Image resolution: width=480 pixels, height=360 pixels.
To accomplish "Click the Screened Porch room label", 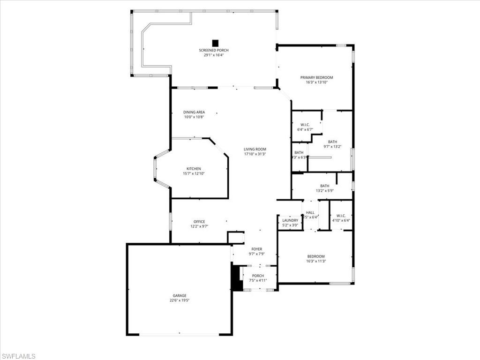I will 214,50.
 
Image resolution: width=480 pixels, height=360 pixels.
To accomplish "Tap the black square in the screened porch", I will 215,43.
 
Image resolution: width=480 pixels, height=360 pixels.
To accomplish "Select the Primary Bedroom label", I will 316,77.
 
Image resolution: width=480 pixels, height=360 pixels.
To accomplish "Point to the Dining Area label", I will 194,112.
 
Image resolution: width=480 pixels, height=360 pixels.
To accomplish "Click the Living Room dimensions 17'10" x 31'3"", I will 255,154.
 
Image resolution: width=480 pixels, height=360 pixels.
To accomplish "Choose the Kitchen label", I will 194,169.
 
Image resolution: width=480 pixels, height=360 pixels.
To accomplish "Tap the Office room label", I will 199,222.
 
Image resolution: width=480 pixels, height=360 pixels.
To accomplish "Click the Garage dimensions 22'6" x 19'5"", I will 180,300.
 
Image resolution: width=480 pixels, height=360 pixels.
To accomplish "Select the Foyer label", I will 256,249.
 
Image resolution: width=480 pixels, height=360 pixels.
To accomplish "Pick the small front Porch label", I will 258,276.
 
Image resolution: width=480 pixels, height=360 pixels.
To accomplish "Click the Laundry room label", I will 290,220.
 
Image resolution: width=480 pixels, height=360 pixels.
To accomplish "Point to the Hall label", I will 310,212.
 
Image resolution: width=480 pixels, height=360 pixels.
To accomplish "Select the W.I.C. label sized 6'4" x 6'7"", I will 305,125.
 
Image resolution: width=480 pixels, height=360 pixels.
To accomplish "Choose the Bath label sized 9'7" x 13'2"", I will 332,142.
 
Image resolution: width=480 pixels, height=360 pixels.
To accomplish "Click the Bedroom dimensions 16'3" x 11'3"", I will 316,261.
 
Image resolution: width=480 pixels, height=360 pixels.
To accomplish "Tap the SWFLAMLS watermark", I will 18,356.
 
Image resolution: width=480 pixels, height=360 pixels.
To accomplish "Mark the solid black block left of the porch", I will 237,278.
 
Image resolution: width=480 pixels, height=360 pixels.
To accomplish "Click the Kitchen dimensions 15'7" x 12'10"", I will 194,173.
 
